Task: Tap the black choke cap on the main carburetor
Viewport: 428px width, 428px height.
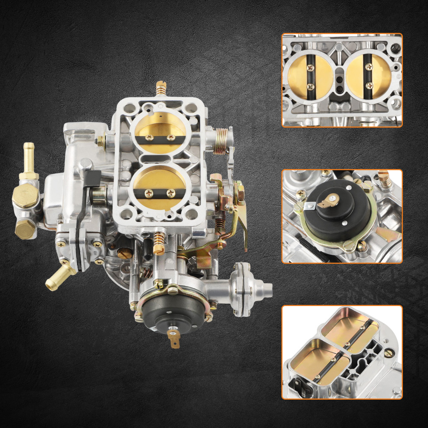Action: [173, 310]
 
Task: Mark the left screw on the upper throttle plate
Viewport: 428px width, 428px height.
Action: [149, 137]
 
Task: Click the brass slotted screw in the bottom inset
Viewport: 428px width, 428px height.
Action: [389, 353]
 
